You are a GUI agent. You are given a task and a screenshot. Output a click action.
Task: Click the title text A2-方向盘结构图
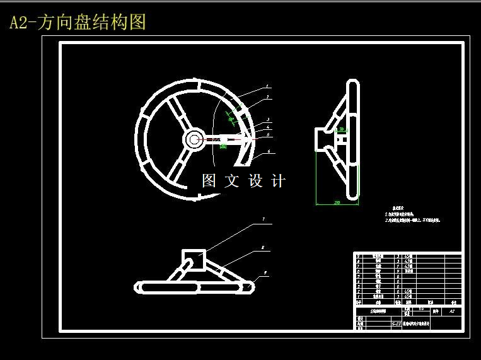pyautogui.click(x=78, y=23)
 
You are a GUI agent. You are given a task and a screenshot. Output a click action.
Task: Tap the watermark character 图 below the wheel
pyautogui.click(x=209, y=181)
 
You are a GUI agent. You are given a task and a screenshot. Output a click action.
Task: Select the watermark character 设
pyautogui.click(x=255, y=181)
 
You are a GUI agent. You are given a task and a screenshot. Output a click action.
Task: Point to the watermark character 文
pyautogui.click(x=232, y=181)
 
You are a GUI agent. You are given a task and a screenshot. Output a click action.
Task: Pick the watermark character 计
pyautogui.click(x=278, y=181)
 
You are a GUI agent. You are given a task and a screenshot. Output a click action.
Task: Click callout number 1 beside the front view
pyautogui.click(x=267, y=86)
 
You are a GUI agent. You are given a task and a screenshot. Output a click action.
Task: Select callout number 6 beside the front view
pyautogui.click(x=269, y=151)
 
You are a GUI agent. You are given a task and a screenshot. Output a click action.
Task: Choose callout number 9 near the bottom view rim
pyautogui.click(x=265, y=272)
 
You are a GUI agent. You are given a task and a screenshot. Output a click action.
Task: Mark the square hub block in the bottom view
pyautogui.click(x=194, y=259)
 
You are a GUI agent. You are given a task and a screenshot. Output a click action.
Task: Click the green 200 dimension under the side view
pyautogui.click(x=337, y=203)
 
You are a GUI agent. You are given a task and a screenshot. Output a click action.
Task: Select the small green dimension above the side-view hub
pyautogui.click(x=341, y=129)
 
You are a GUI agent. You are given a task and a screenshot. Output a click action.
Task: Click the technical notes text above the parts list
pyautogui.click(x=412, y=217)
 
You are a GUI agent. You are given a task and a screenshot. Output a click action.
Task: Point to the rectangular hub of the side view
pyautogui.click(x=324, y=139)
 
